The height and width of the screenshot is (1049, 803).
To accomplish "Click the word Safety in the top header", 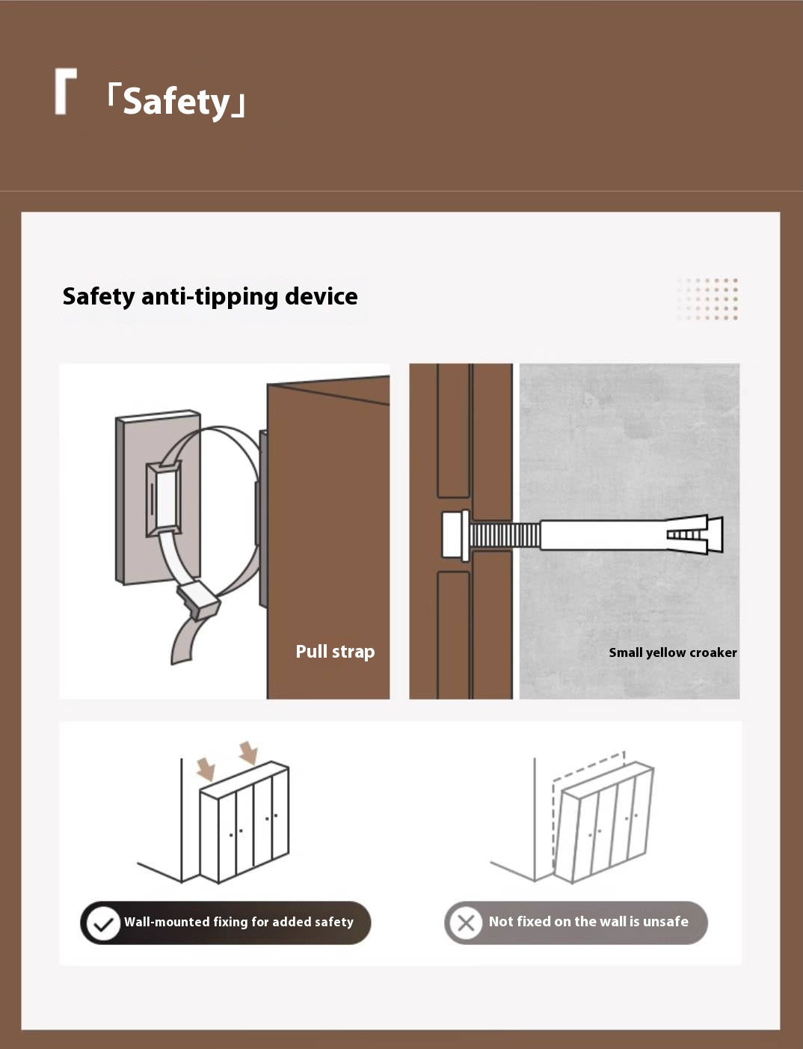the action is pos(176,102).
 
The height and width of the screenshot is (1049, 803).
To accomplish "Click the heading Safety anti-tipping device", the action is pos(210,296).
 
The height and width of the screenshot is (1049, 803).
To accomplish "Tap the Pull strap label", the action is pos(335,652).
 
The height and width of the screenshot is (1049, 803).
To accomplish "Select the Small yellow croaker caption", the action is pos(673,652).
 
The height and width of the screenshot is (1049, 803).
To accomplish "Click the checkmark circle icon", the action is pos(103,923).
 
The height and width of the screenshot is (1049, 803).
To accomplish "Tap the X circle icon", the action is pos(466,923).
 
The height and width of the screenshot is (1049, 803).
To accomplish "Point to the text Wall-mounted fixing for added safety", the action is pos(239,922).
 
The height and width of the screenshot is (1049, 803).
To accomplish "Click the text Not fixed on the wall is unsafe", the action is pos(588,922).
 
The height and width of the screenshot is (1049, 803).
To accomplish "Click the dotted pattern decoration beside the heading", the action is pos(707,299).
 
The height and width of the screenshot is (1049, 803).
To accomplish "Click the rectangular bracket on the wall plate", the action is pos(164,498).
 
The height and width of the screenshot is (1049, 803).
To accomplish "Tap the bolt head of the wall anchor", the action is pos(455,536).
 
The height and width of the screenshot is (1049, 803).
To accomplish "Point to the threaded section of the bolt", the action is pos(505,536).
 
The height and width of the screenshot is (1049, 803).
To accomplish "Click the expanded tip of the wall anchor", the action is pos(695,534).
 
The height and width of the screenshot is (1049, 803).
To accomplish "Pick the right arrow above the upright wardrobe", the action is pos(249,753).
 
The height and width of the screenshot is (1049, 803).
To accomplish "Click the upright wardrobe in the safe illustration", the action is pos(244,822).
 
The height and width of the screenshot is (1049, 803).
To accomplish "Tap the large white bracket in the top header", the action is pos(66,91).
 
